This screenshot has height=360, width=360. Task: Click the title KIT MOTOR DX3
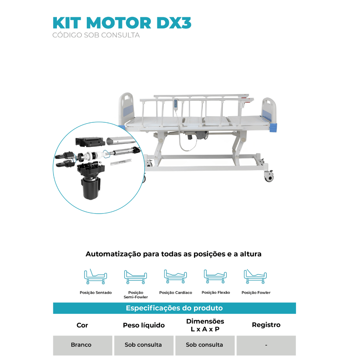coord(122,23)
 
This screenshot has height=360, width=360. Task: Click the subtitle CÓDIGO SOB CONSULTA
coord(96,35)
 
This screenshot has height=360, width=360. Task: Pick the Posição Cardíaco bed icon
coord(175,276)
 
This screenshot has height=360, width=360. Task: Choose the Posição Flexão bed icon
coord(216,276)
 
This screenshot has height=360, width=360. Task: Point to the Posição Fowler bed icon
coord(256,276)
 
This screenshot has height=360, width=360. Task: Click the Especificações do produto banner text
coord(174,308)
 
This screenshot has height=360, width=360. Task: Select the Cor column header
coord(82,325)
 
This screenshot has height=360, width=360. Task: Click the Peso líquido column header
coord(144,325)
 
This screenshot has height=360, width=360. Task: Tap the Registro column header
coord(266,325)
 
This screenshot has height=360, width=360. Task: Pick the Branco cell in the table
coord(81,345)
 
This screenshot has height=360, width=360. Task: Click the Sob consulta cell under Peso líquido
coord(143,345)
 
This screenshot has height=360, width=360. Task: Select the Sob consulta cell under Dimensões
coord(204,345)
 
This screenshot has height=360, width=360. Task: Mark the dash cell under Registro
coord(266,345)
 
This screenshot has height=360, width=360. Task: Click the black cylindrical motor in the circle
coord(89,188)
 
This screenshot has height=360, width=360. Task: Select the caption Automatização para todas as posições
coord(174,254)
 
